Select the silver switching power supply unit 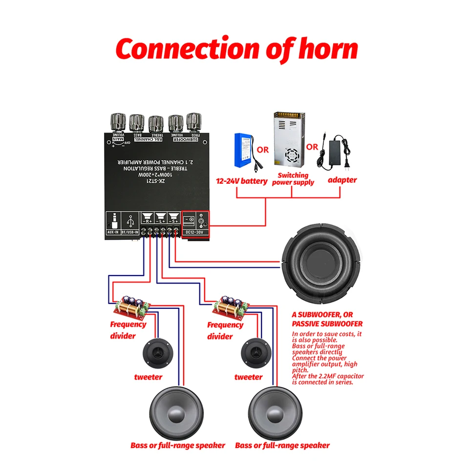288,139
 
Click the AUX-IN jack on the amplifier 116,222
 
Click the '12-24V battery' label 242,181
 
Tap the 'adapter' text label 342,180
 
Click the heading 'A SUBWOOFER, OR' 322,315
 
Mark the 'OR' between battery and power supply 263,149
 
